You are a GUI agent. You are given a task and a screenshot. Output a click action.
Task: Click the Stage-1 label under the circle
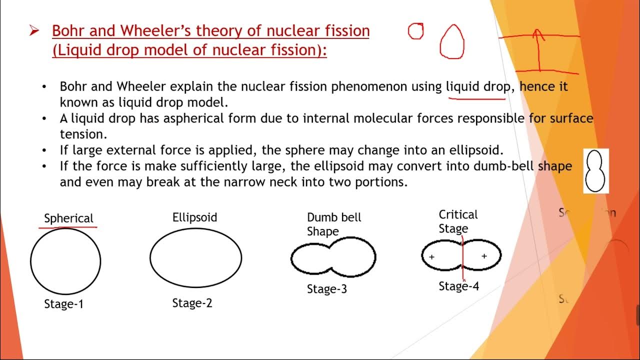(63, 304)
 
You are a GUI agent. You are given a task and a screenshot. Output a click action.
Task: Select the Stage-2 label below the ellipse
(192, 303)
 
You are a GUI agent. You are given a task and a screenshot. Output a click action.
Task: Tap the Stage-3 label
(326, 289)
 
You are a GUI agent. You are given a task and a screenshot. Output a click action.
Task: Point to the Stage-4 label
(458, 286)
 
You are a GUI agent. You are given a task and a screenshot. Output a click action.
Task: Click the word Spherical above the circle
(68, 218)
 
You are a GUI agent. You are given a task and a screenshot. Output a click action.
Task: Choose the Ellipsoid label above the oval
(194, 217)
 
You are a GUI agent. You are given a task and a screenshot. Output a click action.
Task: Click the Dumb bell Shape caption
(333, 224)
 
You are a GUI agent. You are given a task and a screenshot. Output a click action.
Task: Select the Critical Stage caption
(458, 221)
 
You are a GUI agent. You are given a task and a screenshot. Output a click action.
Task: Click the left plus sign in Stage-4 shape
(431, 257)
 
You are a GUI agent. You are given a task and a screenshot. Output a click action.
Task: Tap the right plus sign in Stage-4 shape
(484, 256)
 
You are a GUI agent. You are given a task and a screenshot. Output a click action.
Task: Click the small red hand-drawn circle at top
(415, 31)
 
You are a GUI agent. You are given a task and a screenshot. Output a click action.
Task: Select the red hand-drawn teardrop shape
(452, 42)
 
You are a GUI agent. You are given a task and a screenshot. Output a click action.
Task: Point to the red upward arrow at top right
(538, 50)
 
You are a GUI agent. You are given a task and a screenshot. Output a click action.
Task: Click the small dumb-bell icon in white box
(595, 171)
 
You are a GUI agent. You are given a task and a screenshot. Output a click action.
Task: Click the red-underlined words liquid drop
(477, 86)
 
